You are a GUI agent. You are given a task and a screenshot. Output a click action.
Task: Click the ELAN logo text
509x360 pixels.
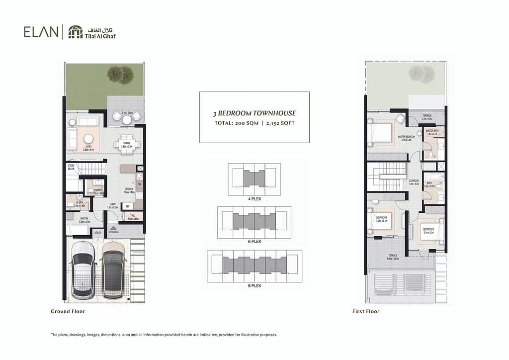(x=40, y=32)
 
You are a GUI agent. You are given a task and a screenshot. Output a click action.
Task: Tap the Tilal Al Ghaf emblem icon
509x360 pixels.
(x=76, y=32)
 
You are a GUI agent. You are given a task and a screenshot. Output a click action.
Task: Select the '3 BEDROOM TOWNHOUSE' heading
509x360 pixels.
(x=254, y=113)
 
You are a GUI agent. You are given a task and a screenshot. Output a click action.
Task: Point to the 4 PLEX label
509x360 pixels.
(x=254, y=199)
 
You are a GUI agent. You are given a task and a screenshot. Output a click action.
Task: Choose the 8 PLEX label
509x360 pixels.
(x=254, y=285)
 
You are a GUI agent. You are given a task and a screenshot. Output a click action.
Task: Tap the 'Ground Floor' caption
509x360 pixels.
(x=68, y=311)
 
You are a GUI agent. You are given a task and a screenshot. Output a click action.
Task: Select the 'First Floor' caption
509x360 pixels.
(x=365, y=311)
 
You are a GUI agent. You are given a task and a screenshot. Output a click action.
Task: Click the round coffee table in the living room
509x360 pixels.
(x=89, y=139)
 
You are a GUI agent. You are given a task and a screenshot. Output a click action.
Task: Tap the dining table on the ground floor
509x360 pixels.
(x=127, y=145)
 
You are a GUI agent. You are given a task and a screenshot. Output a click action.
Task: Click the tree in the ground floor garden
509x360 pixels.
(x=120, y=75)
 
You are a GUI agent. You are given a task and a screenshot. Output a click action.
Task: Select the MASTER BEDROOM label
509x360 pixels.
(x=407, y=137)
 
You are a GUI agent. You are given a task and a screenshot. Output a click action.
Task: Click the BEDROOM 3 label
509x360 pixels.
(x=428, y=230)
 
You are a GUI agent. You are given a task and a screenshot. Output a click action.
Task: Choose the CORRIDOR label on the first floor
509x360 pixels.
(x=414, y=181)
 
